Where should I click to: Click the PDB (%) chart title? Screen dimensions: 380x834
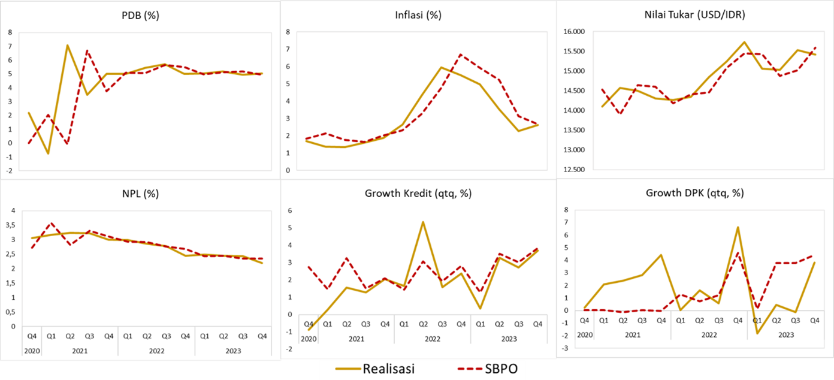pos(140,16)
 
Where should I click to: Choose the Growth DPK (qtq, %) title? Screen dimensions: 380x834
pos(694,193)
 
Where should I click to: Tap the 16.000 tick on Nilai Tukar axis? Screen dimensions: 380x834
pos(572,32)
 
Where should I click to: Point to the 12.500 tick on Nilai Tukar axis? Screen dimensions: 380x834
pos(572,170)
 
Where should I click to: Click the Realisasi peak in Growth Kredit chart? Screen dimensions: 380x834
pos(423,222)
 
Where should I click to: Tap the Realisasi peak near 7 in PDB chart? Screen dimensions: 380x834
pos(68,45)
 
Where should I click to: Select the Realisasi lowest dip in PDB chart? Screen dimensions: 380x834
pos(49,153)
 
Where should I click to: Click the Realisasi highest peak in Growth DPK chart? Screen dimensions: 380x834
pos(738,227)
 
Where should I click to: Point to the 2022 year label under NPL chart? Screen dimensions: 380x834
pos(156,350)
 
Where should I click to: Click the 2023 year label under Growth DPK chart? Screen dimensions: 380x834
pos(785,335)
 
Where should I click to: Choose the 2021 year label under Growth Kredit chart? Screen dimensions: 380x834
pos(356,339)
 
